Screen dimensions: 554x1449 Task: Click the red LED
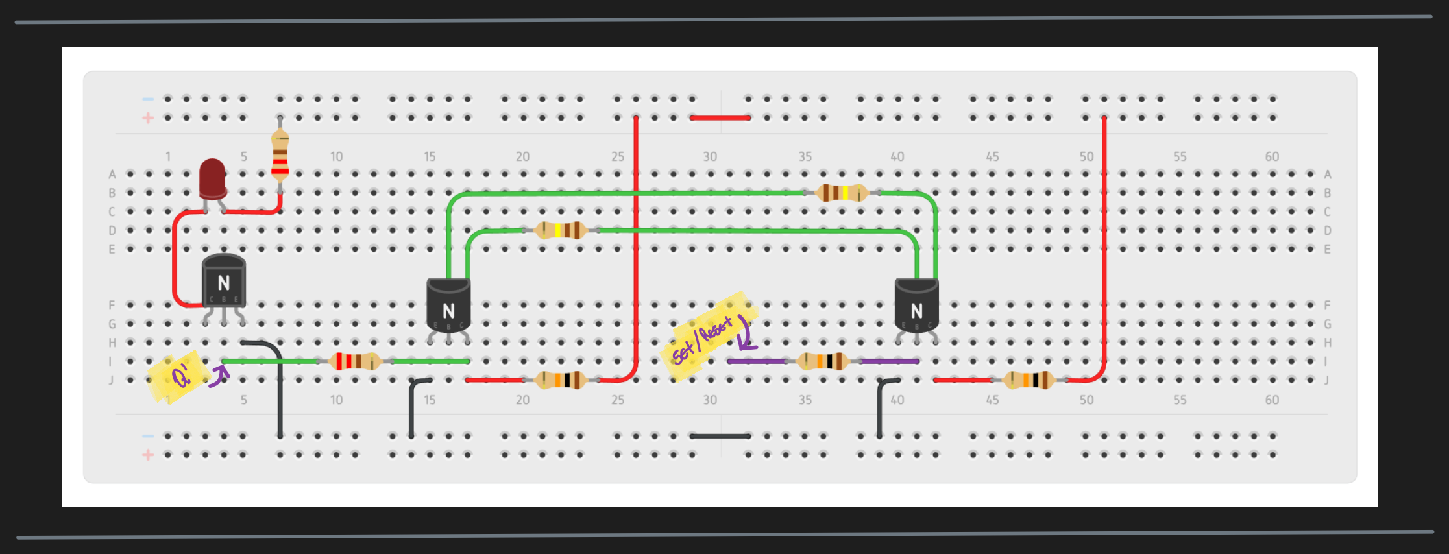tap(212, 178)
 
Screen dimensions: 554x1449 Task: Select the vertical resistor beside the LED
tap(280, 156)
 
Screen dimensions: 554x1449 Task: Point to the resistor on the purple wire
tap(823, 361)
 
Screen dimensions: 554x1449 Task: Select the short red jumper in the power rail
tap(720, 118)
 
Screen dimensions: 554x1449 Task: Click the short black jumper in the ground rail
tap(720, 436)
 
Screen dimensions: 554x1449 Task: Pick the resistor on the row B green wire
tap(841, 193)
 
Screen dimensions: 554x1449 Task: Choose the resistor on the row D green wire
tap(561, 230)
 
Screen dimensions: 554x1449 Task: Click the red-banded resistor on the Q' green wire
tap(354, 361)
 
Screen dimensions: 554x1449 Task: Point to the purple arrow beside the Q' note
tap(219, 376)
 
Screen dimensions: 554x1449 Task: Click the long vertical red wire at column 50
tap(1104, 247)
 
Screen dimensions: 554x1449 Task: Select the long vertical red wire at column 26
tap(636, 247)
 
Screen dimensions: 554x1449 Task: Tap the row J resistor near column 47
tap(1029, 379)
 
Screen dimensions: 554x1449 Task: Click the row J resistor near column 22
tap(561, 379)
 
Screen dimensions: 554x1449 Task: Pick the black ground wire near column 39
tap(880, 409)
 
